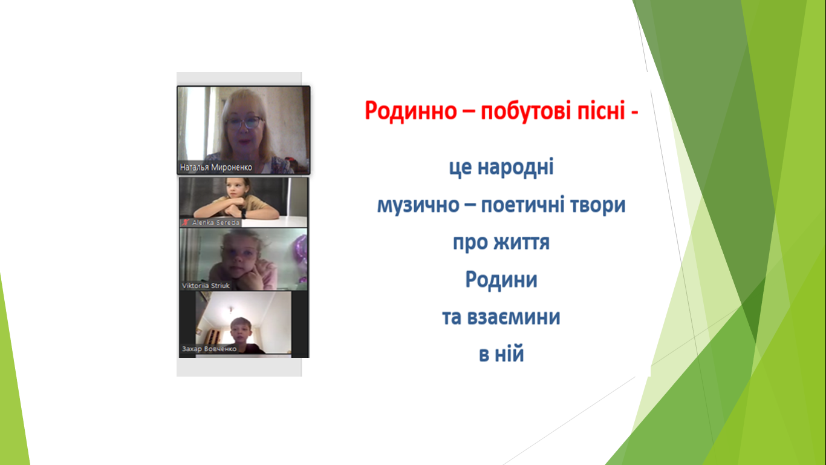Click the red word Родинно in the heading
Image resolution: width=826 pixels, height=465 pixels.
[411, 111]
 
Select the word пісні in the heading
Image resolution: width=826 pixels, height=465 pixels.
[601, 111]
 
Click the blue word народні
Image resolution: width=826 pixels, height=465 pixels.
[516, 168]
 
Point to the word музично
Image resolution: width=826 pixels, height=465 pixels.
[418, 206]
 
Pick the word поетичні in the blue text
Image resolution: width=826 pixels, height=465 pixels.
[523, 205]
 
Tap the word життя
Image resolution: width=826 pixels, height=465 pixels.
[521, 243]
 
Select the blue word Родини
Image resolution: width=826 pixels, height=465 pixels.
[501, 280]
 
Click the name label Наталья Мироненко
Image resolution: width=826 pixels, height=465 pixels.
[216, 167]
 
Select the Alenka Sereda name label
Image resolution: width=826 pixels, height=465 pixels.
[216, 223]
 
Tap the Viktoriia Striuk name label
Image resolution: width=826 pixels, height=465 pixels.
[206, 286]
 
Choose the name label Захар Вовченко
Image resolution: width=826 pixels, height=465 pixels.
[209, 349]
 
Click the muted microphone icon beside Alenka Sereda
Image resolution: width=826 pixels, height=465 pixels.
[186, 222]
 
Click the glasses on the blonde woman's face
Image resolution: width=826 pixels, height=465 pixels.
[245, 122]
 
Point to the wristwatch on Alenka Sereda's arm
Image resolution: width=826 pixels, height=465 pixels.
[243, 213]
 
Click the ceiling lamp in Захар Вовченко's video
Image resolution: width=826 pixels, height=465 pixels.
[231, 309]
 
